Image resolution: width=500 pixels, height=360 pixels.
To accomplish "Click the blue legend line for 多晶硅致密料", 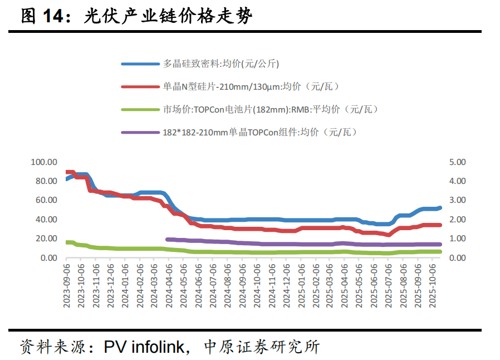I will click(x=140, y=64).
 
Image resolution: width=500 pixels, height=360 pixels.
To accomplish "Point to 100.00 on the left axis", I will click(x=45, y=162).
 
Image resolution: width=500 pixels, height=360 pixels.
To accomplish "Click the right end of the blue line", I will click(x=440, y=208).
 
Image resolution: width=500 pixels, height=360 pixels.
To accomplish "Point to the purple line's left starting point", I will click(x=168, y=239).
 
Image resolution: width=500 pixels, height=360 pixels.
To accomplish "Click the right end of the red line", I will click(x=440, y=225).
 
